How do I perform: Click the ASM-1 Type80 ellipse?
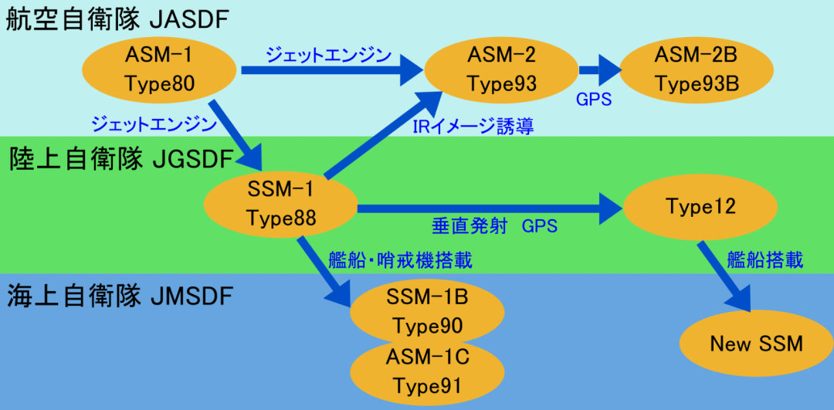(x=159, y=69)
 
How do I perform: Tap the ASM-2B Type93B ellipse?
(x=697, y=69)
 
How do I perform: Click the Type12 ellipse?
(x=700, y=207)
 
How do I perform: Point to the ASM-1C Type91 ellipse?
(x=428, y=371)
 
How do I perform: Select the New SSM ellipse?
(x=756, y=344)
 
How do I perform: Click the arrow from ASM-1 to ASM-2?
(x=332, y=69)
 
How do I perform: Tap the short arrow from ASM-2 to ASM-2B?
(x=599, y=69)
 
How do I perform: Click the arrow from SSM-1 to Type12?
(x=490, y=207)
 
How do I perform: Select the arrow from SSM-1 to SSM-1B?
(x=324, y=273)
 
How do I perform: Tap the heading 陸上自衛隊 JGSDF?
(x=122, y=160)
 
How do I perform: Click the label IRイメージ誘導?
(x=473, y=127)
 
